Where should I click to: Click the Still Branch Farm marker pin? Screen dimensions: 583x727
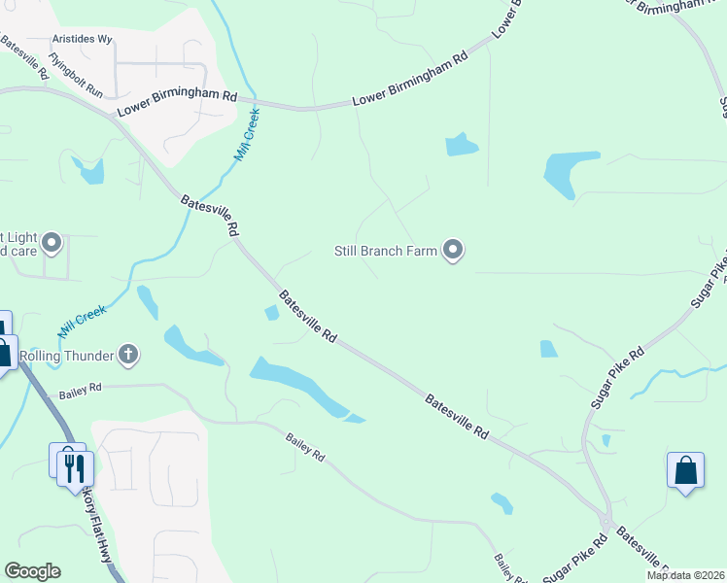click(x=453, y=251)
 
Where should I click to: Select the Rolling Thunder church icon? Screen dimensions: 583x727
click(x=127, y=355)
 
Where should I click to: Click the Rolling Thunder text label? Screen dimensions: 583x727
click(x=67, y=355)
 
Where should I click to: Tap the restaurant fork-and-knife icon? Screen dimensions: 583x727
click(x=73, y=467)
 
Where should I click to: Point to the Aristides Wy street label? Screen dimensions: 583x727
click(x=83, y=40)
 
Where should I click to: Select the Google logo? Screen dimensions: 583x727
click(x=32, y=571)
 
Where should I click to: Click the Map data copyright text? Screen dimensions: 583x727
click(x=684, y=575)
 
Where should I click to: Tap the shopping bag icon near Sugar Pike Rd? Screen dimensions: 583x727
click(x=685, y=471)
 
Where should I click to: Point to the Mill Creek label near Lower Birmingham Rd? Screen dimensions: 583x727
click(x=247, y=134)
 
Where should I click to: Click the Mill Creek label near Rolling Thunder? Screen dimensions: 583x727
click(x=81, y=319)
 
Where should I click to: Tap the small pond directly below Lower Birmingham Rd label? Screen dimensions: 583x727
click(x=461, y=146)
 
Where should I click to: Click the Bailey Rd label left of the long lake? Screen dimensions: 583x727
click(x=80, y=391)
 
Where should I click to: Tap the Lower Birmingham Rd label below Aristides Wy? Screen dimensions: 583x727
click(x=177, y=104)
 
